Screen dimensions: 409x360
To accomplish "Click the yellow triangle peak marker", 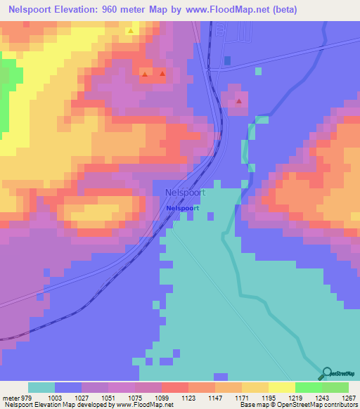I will (131, 31).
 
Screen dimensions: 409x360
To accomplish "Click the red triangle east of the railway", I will (239, 101).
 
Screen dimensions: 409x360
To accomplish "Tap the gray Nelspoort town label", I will (184, 192).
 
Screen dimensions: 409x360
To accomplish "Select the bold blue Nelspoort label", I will (183, 209).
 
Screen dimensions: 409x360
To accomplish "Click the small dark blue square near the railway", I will (227, 60).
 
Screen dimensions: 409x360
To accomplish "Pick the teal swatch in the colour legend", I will (41, 387).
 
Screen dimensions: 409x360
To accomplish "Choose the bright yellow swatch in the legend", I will (282, 387).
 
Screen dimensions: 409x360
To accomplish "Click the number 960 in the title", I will (115, 9).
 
